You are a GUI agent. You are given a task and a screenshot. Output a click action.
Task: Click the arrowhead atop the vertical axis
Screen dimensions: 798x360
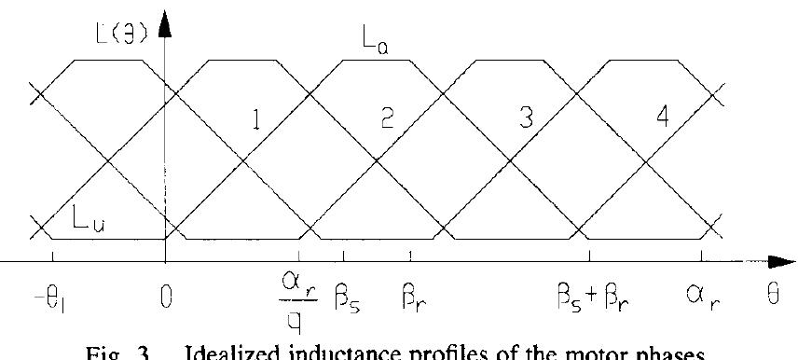click(x=166, y=23)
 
